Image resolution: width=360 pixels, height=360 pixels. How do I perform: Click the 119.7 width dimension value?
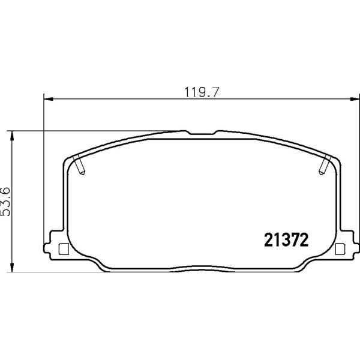click(x=202, y=92)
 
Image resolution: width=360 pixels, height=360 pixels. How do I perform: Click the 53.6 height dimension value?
click(x=6, y=202)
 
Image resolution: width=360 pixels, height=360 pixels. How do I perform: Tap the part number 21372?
click(x=286, y=239)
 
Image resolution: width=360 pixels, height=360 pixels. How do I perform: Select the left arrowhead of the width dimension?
click(x=48, y=99)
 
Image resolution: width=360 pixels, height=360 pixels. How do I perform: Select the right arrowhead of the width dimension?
click(x=355, y=99)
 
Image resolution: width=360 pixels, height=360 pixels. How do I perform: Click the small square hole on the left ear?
click(x=64, y=249)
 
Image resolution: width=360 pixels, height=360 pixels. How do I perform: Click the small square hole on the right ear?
click(x=340, y=249)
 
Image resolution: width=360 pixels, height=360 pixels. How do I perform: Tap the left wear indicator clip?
click(x=79, y=164)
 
